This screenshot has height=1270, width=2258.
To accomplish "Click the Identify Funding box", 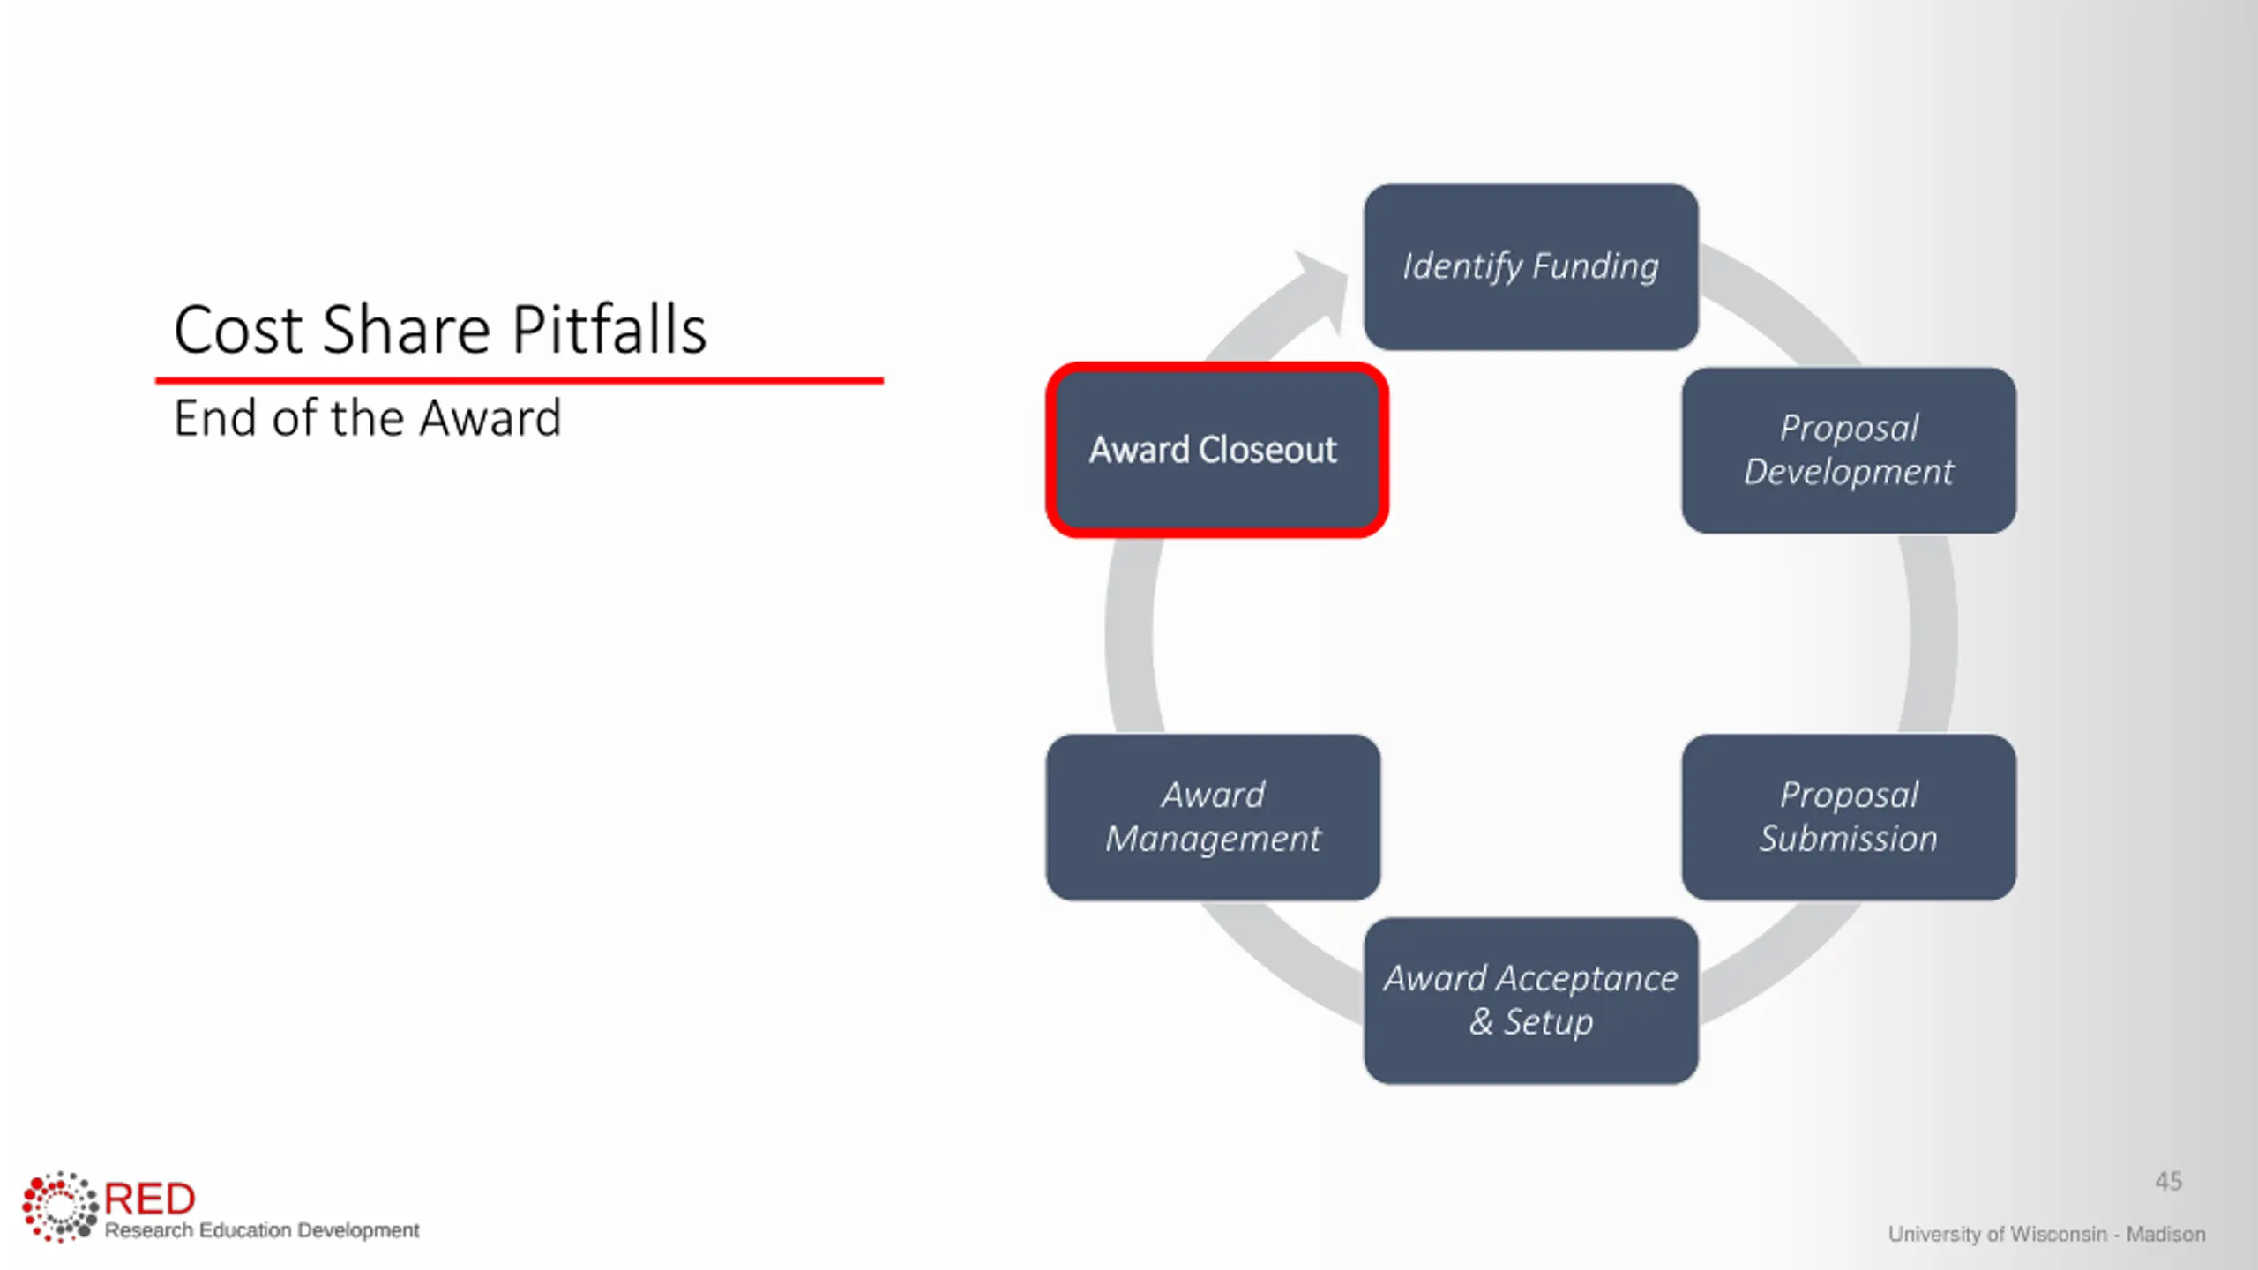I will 1530,266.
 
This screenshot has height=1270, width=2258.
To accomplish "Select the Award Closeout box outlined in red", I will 1216,450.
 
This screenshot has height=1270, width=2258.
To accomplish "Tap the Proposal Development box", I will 1848,450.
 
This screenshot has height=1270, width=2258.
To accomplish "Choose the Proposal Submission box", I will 1848,817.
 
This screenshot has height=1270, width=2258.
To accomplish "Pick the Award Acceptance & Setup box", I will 1530,1000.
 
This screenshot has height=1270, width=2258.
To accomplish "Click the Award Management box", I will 1213,817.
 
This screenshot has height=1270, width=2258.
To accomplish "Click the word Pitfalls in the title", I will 609,330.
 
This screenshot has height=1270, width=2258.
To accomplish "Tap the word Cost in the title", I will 238,330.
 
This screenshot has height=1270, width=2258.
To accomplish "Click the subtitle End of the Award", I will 367,418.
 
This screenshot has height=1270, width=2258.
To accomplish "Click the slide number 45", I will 2168,1181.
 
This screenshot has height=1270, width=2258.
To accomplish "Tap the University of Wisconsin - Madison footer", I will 2046,1234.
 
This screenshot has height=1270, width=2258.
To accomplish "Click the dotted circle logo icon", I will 59,1206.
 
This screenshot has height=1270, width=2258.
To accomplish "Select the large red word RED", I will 150,1199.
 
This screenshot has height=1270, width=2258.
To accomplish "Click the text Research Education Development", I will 262,1230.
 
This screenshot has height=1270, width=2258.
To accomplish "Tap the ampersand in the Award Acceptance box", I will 1481,1022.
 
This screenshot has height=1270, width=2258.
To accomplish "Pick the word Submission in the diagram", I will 1848,839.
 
